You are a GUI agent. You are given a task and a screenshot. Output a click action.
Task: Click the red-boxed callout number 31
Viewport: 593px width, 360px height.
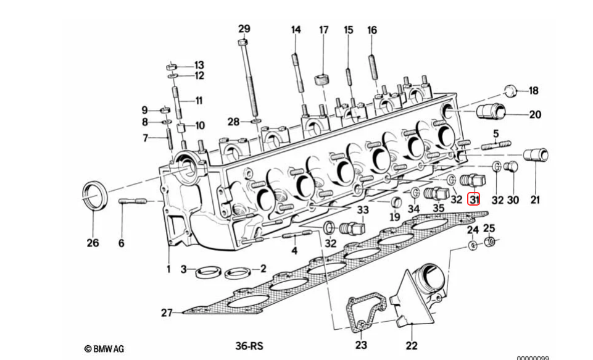pos(474,199)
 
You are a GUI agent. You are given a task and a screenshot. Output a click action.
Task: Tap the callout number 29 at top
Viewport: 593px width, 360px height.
pos(244,29)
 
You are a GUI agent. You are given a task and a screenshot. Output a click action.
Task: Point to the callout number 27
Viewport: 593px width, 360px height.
pos(167,313)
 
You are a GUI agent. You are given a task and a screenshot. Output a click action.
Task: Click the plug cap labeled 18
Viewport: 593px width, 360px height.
pos(510,91)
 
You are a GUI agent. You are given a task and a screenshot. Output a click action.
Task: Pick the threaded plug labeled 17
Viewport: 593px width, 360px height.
pos(321,79)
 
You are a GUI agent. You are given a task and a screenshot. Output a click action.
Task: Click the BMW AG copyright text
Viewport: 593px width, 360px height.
pos(104,349)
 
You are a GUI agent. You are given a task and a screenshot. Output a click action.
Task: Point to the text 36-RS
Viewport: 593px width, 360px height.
pos(249,346)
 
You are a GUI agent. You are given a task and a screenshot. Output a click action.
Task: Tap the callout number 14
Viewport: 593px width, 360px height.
pos(296,29)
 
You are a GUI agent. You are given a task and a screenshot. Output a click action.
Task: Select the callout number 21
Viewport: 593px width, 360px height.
pos(534,199)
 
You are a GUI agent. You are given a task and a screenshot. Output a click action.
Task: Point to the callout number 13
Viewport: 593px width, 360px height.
pos(199,65)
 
